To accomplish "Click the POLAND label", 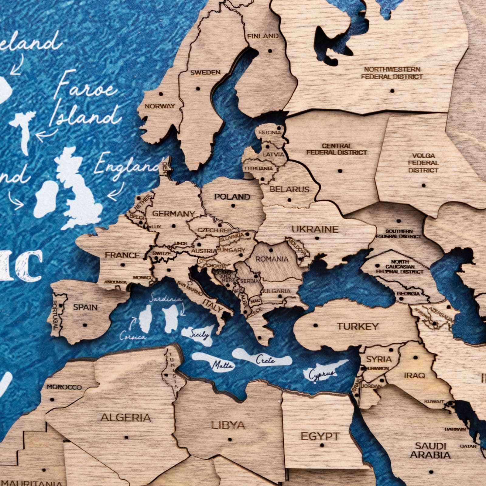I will [x=232, y=197].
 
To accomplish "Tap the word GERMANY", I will [x=173, y=214].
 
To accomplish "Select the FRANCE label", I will [x=122, y=255].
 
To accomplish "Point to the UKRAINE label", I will [x=315, y=229].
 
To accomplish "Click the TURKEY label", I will [x=358, y=327].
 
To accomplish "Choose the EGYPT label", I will [x=320, y=436].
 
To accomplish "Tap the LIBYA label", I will [x=228, y=425].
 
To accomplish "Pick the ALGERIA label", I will [x=125, y=418].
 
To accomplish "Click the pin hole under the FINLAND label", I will [x=269, y=51].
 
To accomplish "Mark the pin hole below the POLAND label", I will [x=233, y=206].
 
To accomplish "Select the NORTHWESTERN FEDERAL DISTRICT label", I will [x=392, y=73].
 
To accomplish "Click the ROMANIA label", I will [x=272, y=259].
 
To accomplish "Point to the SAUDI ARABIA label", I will [x=430, y=450].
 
